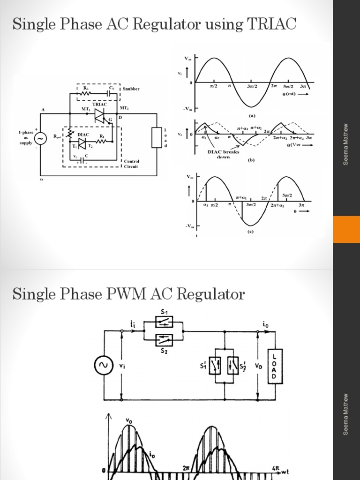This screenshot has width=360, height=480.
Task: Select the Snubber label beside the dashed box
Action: click(132, 89)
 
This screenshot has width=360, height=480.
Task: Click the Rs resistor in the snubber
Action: click(86, 93)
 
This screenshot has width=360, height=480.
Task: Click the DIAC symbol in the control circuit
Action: click(82, 140)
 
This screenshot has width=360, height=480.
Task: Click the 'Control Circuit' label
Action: click(131, 164)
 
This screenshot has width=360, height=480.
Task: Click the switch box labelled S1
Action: click(164, 321)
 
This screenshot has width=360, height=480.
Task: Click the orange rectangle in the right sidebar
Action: click(346, 229)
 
